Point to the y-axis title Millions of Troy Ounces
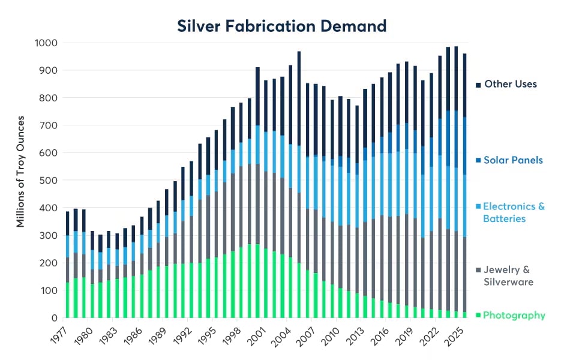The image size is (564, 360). point(20,181)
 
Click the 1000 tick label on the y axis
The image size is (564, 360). point(46,43)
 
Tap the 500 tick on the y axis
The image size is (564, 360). point(49,181)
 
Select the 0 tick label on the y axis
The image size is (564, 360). point(54,318)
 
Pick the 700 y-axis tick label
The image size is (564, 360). point(49,125)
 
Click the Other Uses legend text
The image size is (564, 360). point(510,84)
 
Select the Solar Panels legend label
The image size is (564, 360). point(513,160)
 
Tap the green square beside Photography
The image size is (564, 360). point(478,316)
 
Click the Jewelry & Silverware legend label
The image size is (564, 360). point(507,276)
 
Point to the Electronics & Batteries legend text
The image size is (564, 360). point(514,212)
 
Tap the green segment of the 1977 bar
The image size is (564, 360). point(67,300)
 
